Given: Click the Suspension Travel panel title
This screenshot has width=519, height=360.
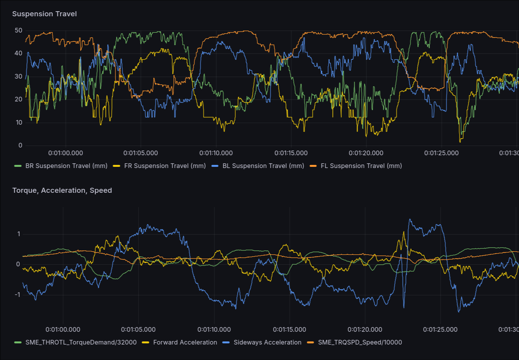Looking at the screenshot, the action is pyautogui.click(x=44, y=14).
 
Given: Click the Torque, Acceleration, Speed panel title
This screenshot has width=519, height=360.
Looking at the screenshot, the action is pyautogui.click(x=62, y=190).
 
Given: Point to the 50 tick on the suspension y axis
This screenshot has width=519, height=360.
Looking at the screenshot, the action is pyautogui.click(x=19, y=30).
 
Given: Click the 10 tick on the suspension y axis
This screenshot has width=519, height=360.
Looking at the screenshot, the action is pyautogui.click(x=19, y=122).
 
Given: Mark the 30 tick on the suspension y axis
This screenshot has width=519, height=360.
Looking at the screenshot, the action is pyautogui.click(x=19, y=76).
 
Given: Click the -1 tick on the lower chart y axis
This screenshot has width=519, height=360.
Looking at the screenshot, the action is pyautogui.click(x=17, y=295).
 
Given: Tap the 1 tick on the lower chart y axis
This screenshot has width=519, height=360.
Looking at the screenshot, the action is pyautogui.click(x=19, y=234).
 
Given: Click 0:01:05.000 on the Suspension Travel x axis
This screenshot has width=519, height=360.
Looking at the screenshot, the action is pyautogui.click(x=141, y=153).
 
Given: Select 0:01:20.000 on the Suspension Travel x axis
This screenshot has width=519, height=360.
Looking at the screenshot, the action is pyautogui.click(x=366, y=153).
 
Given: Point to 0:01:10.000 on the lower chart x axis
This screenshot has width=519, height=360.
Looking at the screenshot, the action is pyautogui.click(x=214, y=330).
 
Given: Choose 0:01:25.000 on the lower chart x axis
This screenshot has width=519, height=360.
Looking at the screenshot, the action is pyautogui.click(x=440, y=330).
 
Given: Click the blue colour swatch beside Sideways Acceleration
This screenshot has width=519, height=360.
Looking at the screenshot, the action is pyautogui.click(x=226, y=343).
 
